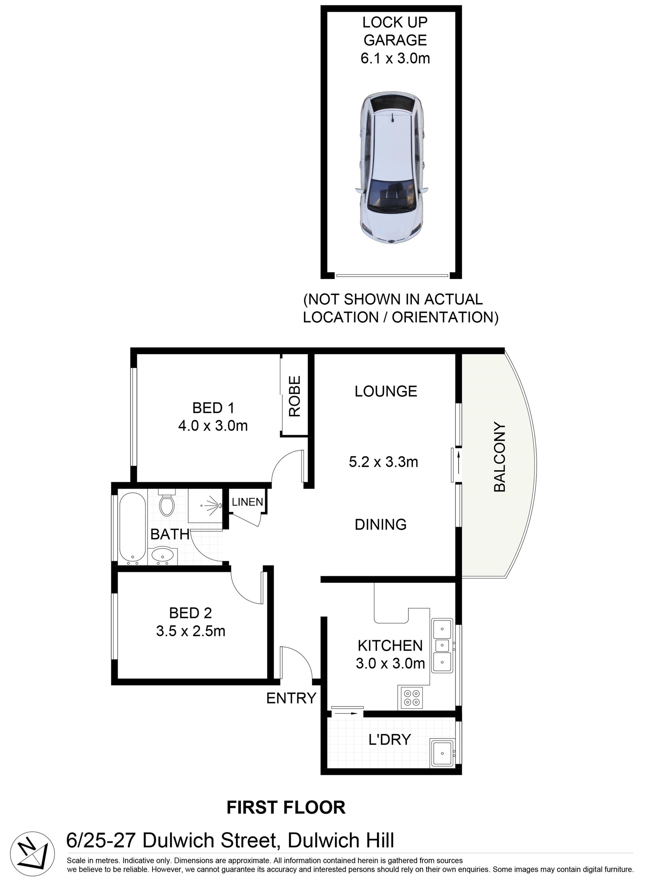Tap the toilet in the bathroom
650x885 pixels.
(x=167, y=503)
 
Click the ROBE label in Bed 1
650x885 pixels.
(x=295, y=396)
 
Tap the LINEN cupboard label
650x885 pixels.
(x=247, y=502)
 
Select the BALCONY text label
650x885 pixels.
(x=499, y=457)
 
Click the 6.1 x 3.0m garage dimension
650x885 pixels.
(x=395, y=58)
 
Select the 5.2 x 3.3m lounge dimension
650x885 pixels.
(x=383, y=461)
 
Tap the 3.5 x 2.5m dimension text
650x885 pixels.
(x=191, y=631)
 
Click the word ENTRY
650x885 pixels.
(x=291, y=698)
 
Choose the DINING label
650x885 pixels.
(x=381, y=524)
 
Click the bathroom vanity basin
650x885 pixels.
(x=162, y=555)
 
